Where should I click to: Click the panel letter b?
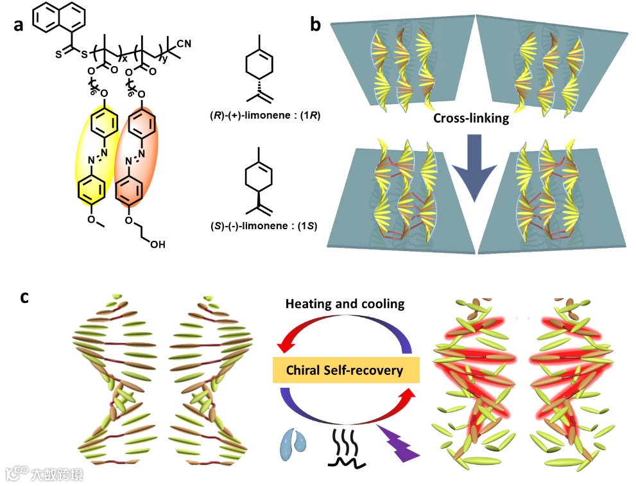tap(316, 25)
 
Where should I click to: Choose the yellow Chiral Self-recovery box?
tap(346, 370)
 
